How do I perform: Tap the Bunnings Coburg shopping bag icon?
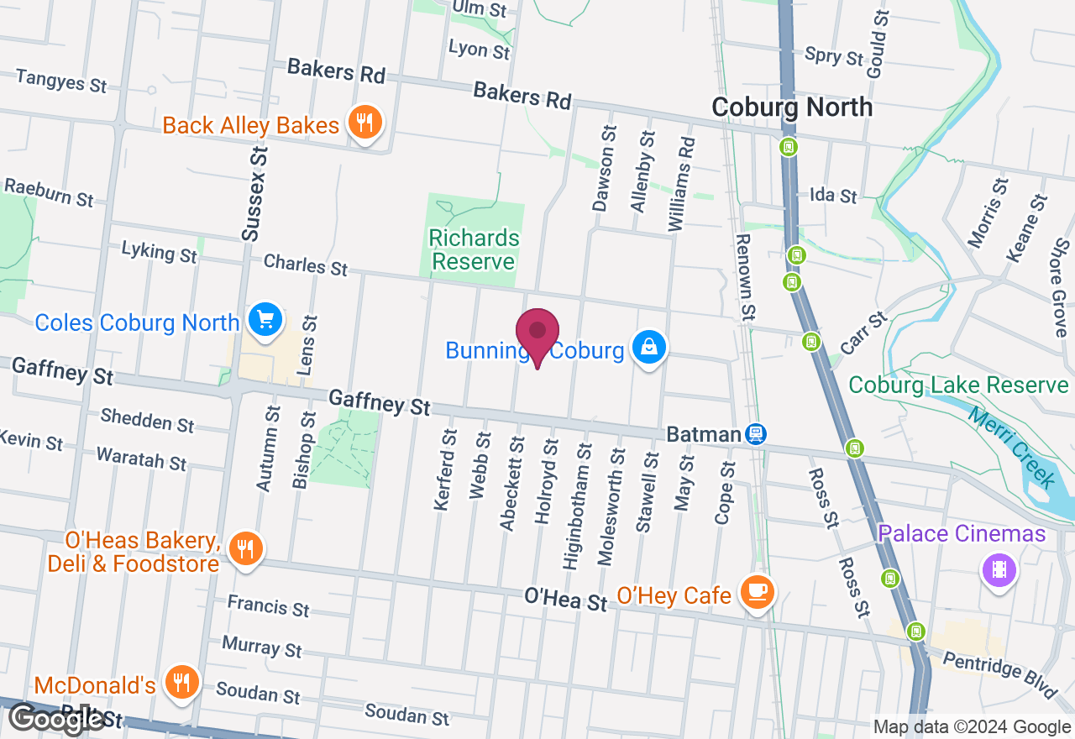[x=649, y=346]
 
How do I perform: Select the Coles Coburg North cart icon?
[x=266, y=320]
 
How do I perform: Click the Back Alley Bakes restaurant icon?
[x=364, y=123]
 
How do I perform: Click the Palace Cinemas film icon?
[x=999, y=570]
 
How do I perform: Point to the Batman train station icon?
[x=756, y=433]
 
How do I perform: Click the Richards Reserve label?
[x=474, y=249]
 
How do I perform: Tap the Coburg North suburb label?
[x=792, y=107]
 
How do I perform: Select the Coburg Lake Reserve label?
[x=958, y=385]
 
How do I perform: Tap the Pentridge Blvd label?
[x=999, y=673]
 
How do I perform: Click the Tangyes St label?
[x=61, y=81]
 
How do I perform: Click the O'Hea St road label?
[x=565, y=599]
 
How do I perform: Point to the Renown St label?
[x=745, y=276]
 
